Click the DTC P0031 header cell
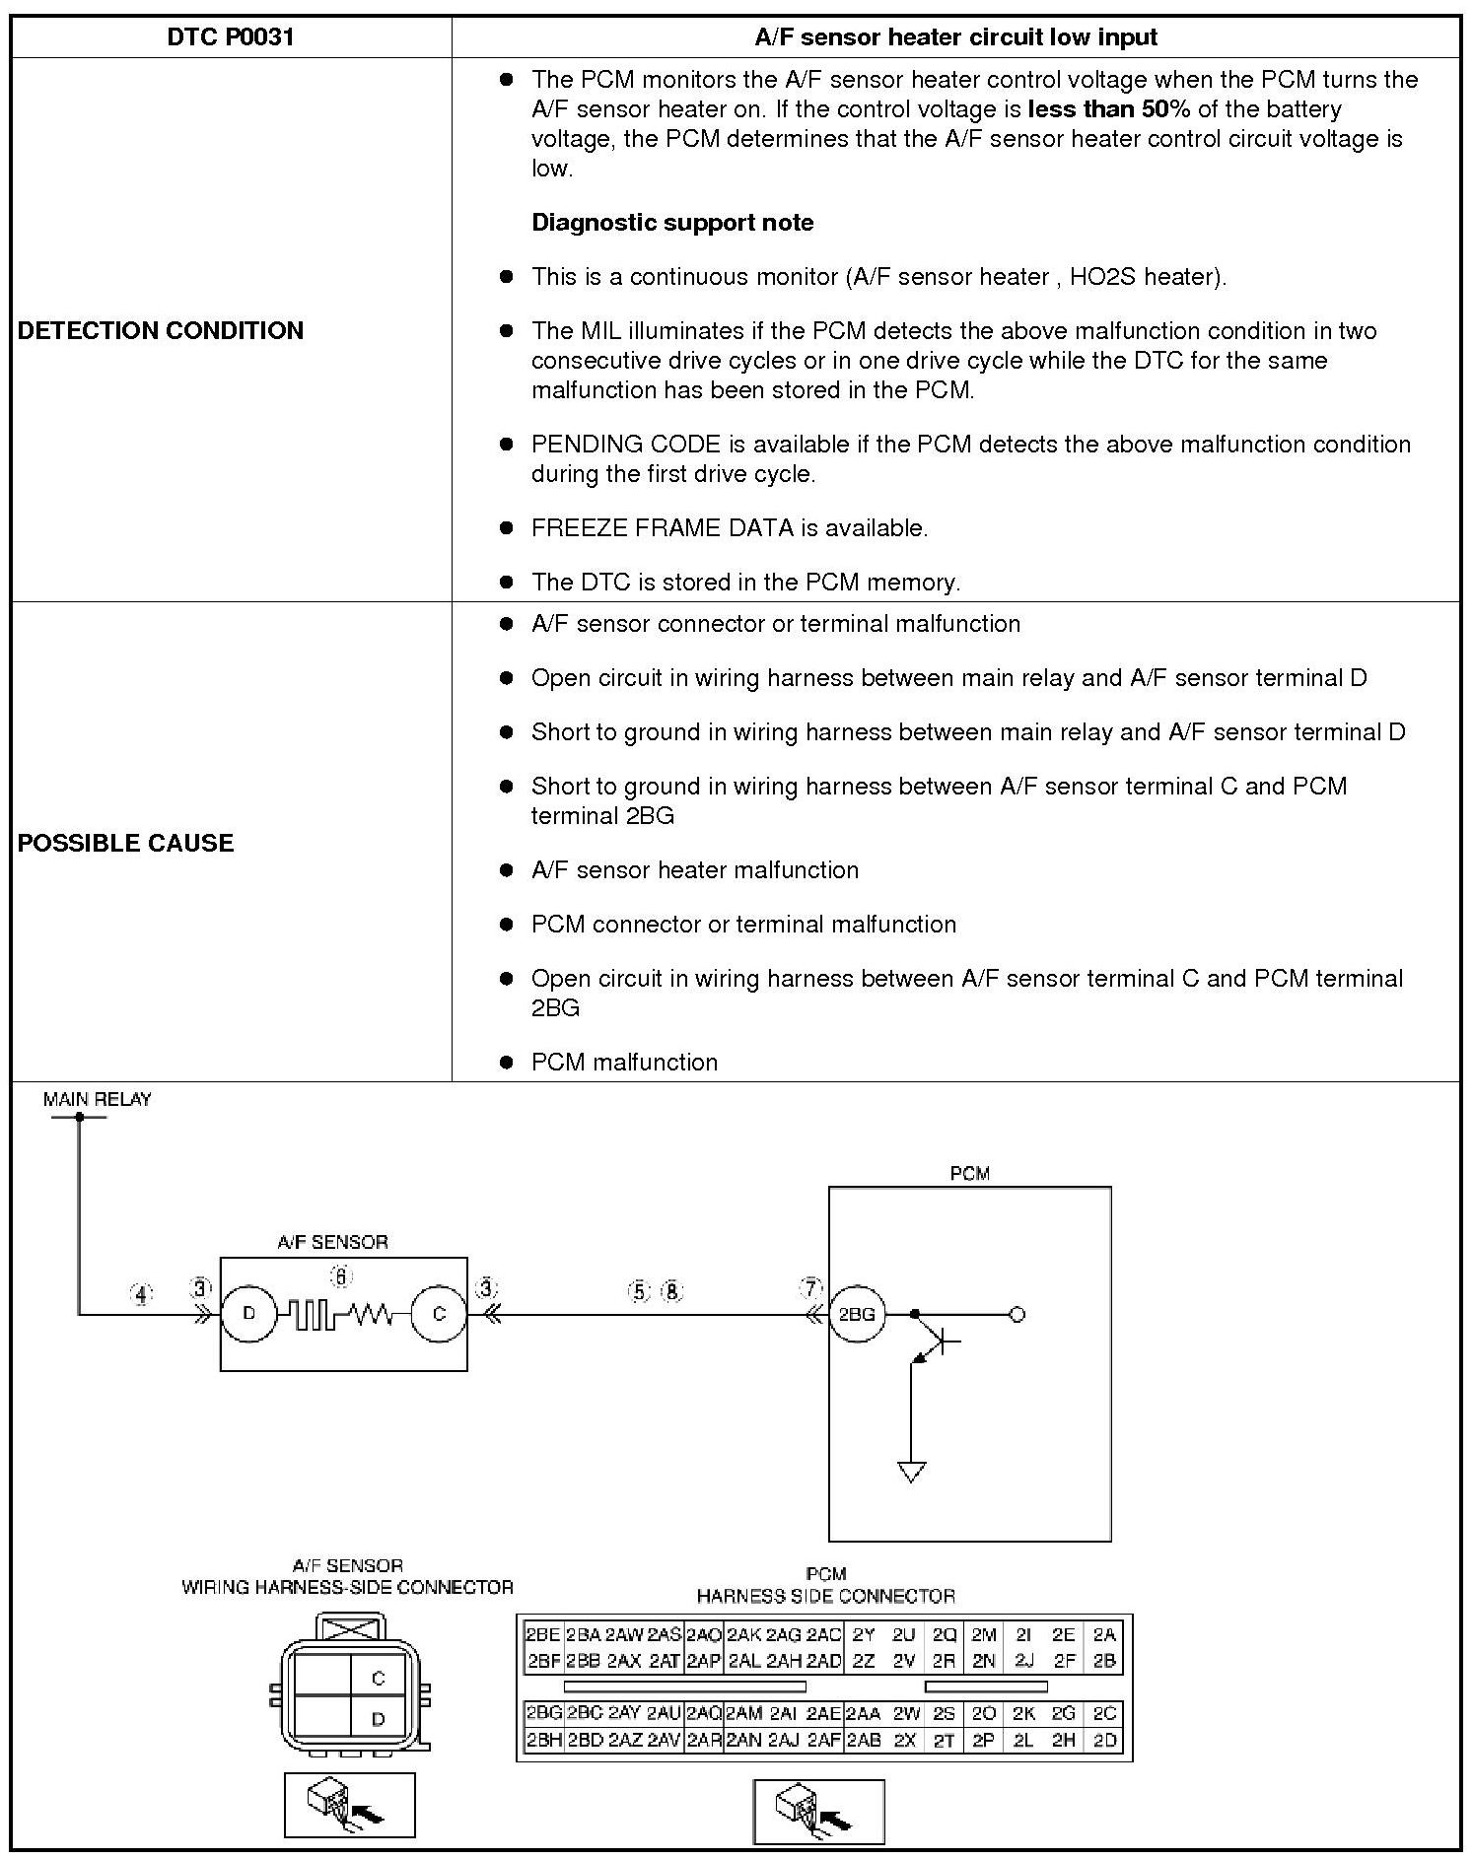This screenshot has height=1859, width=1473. (x=231, y=37)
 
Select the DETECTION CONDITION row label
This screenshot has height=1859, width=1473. (x=161, y=330)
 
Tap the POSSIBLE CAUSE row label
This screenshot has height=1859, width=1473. (x=126, y=843)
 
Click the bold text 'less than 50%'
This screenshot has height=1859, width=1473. (x=1108, y=108)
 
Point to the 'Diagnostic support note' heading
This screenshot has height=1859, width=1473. (x=672, y=223)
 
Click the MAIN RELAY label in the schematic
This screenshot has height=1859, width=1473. (x=98, y=1099)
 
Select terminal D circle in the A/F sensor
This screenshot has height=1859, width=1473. (x=248, y=1314)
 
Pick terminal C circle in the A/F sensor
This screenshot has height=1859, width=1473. (x=439, y=1314)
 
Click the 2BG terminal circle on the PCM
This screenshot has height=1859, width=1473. (x=856, y=1314)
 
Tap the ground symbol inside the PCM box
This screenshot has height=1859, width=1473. (x=912, y=1472)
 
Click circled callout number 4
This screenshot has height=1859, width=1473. (x=141, y=1294)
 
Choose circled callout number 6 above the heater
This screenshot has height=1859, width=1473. (x=340, y=1276)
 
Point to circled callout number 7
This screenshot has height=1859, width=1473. (x=810, y=1288)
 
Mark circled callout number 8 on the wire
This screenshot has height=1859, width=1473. (x=672, y=1291)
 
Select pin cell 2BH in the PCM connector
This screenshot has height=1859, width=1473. (x=543, y=1741)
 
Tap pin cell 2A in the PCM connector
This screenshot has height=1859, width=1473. (x=1104, y=1634)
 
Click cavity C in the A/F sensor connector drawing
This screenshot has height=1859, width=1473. (x=378, y=1678)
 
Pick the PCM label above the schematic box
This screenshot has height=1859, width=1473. (x=969, y=1174)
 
